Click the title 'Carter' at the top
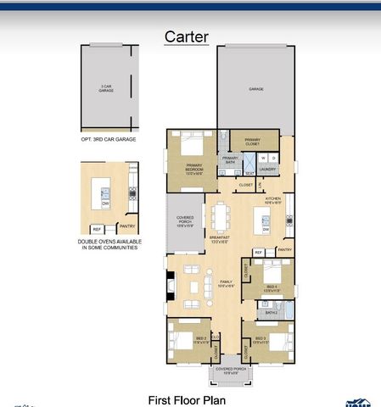coord(187,36)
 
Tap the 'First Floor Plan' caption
coord(187,399)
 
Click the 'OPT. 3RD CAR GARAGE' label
coord(108,138)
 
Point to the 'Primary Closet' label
coord(252,142)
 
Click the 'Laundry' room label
coord(268,170)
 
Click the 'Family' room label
coord(226,282)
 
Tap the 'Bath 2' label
coord(271,313)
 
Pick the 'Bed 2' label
coord(201,341)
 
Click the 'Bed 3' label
coord(259,341)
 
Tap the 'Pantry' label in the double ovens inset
coord(126,226)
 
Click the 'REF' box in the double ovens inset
coord(97,229)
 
